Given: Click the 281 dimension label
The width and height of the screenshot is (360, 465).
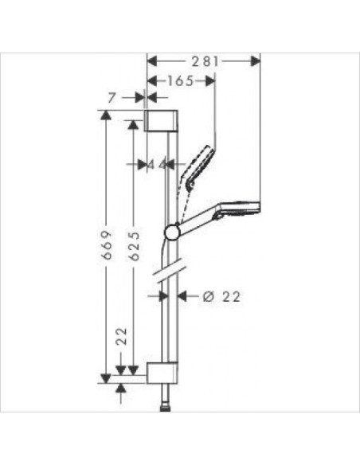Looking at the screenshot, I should (x=205, y=61).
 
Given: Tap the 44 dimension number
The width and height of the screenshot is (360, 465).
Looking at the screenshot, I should (x=156, y=164).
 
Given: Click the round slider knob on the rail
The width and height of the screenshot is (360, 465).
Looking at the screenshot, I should (x=171, y=232).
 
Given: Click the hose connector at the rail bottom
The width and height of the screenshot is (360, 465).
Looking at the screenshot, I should (x=165, y=404).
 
